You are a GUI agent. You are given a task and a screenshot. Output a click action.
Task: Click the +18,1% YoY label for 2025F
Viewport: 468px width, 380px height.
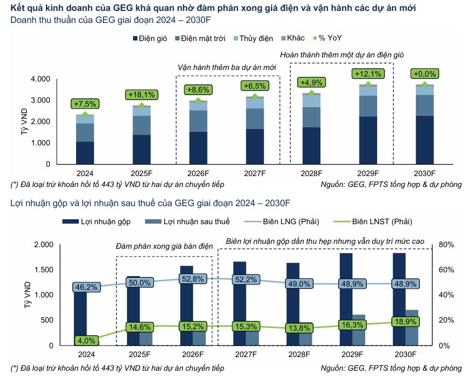142,95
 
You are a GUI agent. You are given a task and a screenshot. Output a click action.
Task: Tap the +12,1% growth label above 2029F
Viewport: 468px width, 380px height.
368,74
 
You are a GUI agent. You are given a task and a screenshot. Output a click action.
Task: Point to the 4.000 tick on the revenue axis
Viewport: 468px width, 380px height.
41,79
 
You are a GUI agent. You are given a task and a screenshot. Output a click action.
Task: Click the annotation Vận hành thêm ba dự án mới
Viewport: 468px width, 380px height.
227,67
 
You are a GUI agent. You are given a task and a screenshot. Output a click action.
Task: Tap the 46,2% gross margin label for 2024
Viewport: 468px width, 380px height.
86,287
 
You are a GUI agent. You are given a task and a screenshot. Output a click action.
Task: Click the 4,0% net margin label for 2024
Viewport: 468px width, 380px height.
86,340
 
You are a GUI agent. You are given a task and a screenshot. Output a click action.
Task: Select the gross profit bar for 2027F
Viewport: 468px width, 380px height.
239,303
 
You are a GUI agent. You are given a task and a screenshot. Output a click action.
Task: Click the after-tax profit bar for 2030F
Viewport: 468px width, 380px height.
412,328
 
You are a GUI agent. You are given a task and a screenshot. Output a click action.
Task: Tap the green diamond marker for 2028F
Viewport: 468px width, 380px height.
311,93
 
